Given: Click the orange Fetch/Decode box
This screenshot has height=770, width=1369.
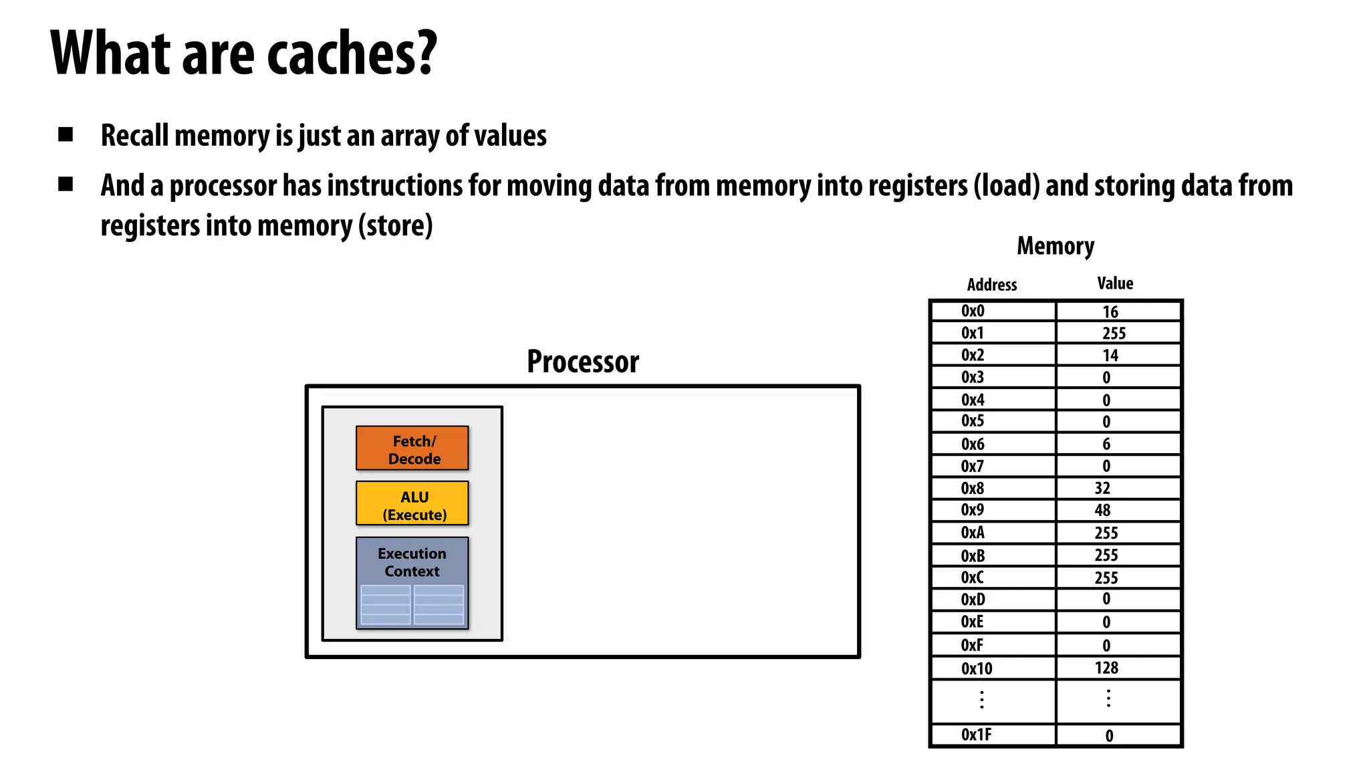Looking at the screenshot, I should click(x=412, y=448).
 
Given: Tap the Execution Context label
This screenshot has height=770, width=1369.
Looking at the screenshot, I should click(x=412, y=562).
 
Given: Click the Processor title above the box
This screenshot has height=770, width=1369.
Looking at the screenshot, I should click(x=582, y=362).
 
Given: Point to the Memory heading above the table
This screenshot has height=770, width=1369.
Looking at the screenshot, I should click(x=1055, y=246).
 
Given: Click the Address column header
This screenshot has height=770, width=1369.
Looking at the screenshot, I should click(x=992, y=285).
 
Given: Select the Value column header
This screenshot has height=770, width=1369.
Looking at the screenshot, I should click(x=1115, y=283).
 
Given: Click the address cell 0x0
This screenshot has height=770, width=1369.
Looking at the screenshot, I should click(x=973, y=311).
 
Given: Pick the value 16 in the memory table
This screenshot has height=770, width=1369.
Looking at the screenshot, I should click(x=1110, y=312).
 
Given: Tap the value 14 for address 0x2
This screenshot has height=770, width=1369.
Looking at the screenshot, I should click(x=1110, y=356).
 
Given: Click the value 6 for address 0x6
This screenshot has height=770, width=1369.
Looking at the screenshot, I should click(x=1106, y=444).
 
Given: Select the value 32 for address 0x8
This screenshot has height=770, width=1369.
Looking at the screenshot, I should click(x=1103, y=489).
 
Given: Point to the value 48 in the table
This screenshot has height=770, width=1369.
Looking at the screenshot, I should click(x=1103, y=511).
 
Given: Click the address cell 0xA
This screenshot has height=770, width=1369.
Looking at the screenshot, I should click(x=973, y=533).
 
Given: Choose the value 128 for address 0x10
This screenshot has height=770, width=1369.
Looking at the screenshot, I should click(x=1106, y=668).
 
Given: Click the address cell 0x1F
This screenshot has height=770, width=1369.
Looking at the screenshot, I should click(x=976, y=735).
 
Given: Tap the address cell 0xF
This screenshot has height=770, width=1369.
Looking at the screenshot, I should click(x=972, y=645).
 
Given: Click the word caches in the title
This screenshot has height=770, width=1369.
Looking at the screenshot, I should click(x=351, y=53).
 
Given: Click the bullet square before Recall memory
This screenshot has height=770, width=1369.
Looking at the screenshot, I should click(x=66, y=135).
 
